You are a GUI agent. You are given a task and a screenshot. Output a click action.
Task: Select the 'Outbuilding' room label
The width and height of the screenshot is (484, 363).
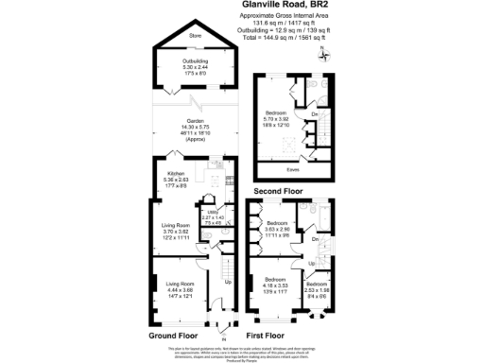click(195, 62)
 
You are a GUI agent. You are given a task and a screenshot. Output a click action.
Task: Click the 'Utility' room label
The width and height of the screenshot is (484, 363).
click(212, 213)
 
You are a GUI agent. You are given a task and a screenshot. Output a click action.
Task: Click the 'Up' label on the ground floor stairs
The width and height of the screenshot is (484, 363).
click(228, 281)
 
